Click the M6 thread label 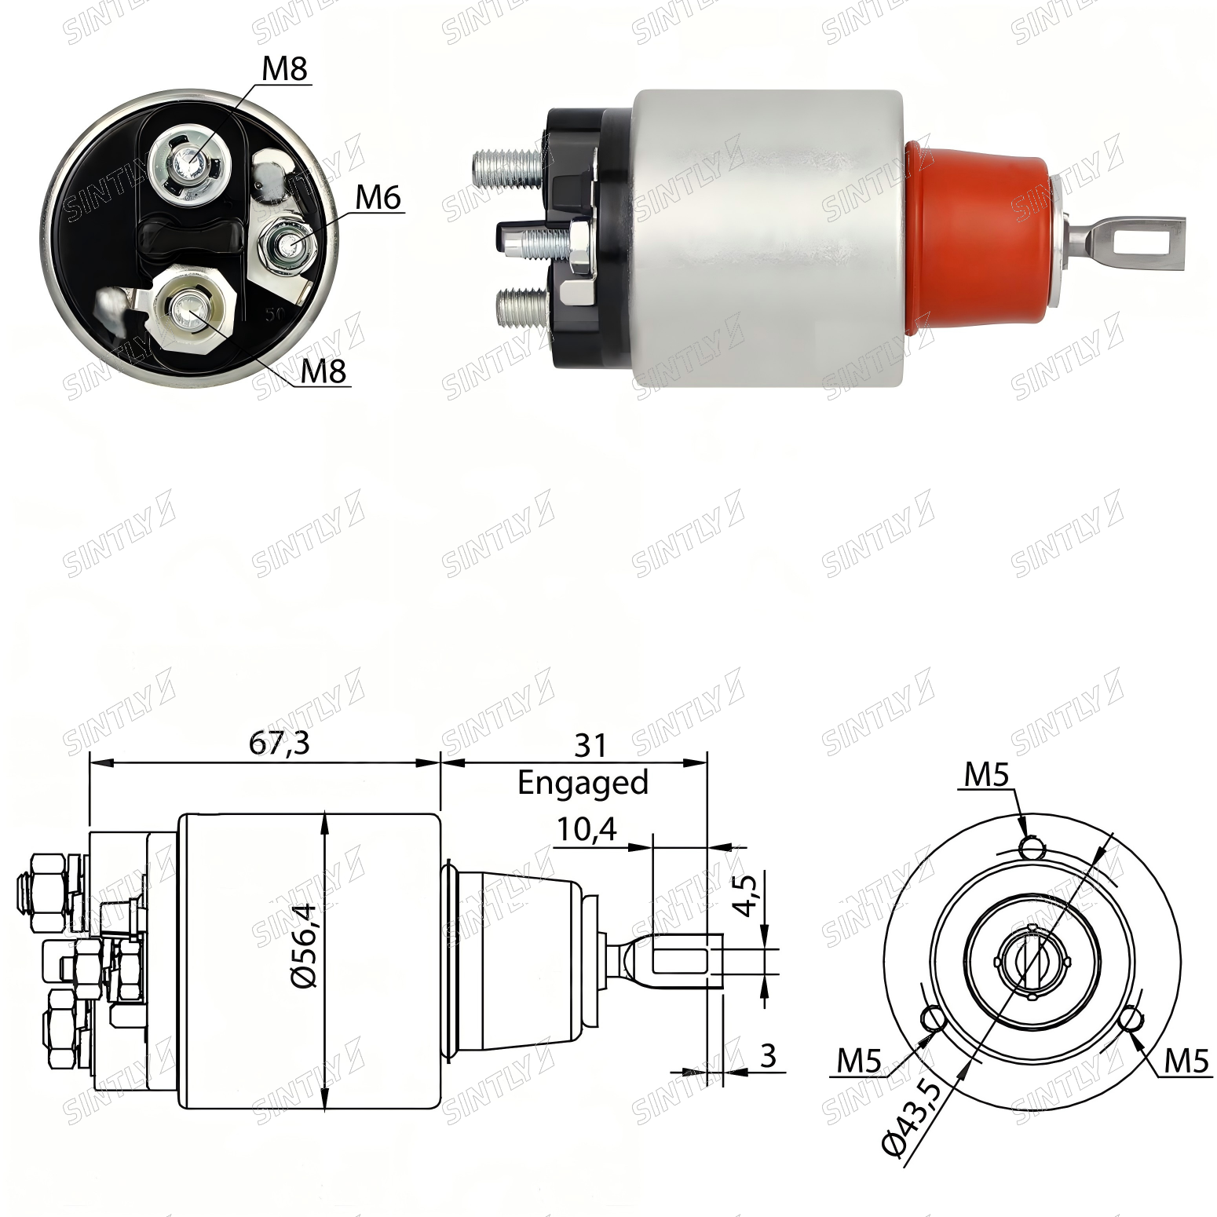(x=378, y=197)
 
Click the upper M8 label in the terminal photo (x=284, y=68)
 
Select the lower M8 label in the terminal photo (x=323, y=371)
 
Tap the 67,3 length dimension (x=280, y=743)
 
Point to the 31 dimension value (x=590, y=745)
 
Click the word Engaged (x=583, y=783)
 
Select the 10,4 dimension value (x=587, y=828)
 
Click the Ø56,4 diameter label (x=305, y=947)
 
